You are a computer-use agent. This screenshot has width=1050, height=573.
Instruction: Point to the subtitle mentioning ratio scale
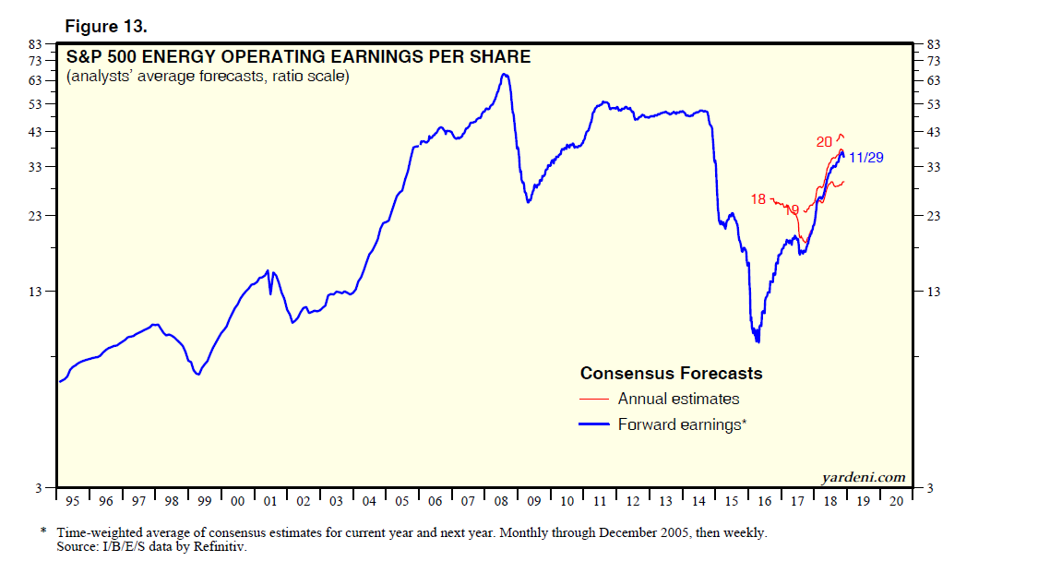pos(208,78)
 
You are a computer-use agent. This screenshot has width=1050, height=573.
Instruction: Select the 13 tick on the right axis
pos(933,292)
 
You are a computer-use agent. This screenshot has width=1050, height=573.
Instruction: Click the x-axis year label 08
pos(501,501)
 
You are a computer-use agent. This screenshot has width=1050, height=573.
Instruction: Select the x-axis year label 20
pos(895,501)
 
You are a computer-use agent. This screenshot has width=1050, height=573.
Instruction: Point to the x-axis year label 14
pos(698,501)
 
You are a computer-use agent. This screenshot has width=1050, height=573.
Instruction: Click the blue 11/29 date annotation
pos(866,158)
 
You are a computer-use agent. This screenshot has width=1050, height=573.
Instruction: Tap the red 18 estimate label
pos(758,198)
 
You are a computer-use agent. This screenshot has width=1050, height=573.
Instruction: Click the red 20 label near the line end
pos(824,141)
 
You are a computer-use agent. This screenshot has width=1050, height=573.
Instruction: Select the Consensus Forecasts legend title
pos(671,374)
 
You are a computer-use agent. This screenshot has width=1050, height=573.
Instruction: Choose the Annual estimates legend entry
pos(678,400)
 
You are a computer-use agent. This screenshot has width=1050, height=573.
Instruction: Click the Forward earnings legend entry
pos(681,424)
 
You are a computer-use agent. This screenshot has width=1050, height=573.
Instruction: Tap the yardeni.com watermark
pos(864,477)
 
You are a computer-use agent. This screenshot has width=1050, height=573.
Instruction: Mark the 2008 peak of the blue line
pos(504,74)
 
